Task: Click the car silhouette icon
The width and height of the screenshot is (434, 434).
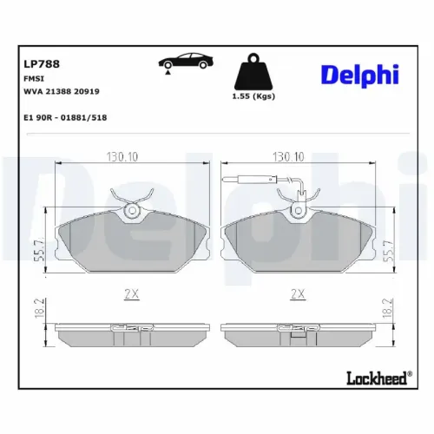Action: [x=183, y=63]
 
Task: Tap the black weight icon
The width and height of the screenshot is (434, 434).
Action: [x=253, y=69]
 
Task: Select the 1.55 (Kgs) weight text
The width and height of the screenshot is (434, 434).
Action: [x=253, y=96]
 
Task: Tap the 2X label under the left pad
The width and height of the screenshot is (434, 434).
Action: [x=132, y=294]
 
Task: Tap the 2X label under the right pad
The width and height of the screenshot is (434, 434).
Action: [x=297, y=294]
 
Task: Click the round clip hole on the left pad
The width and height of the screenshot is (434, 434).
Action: [x=132, y=210]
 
